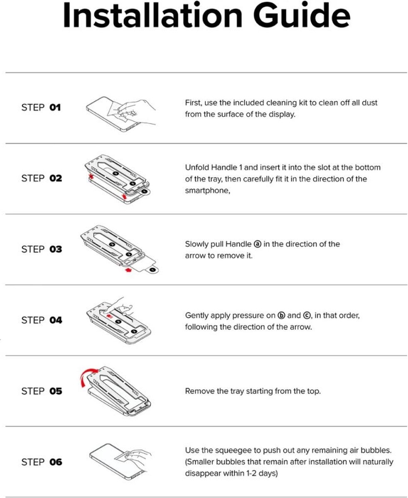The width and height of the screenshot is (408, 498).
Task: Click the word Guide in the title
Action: pyautogui.click(x=302, y=15)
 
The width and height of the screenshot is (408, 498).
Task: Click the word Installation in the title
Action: pyautogui.click(x=153, y=15)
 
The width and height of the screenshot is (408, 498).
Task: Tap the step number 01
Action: pyautogui.click(x=55, y=107)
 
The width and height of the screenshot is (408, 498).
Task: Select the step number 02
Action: pyautogui.click(x=56, y=178)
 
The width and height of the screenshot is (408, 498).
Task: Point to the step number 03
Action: pyautogui.click(x=56, y=249)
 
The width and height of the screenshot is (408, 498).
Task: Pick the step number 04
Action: pyautogui.click(x=56, y=320)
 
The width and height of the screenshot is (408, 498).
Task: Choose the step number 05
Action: pyautogui.click(x=56, y=391)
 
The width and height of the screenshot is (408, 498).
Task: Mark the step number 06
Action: pyautogui.click(x=56, y=462)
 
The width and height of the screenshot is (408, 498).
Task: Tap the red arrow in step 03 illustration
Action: pyautogui.click(x=128, y=270)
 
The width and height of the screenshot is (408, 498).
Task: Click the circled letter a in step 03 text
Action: pyautogui.click(x=258, y=244)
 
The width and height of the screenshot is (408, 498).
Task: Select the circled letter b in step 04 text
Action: pyautogui.click(x=281, y=315)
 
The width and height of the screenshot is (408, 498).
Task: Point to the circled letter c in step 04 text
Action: pyautogui.click(x=307, y=315)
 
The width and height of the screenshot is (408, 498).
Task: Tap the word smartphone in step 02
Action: pyautogui.click(x=206, y=190)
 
